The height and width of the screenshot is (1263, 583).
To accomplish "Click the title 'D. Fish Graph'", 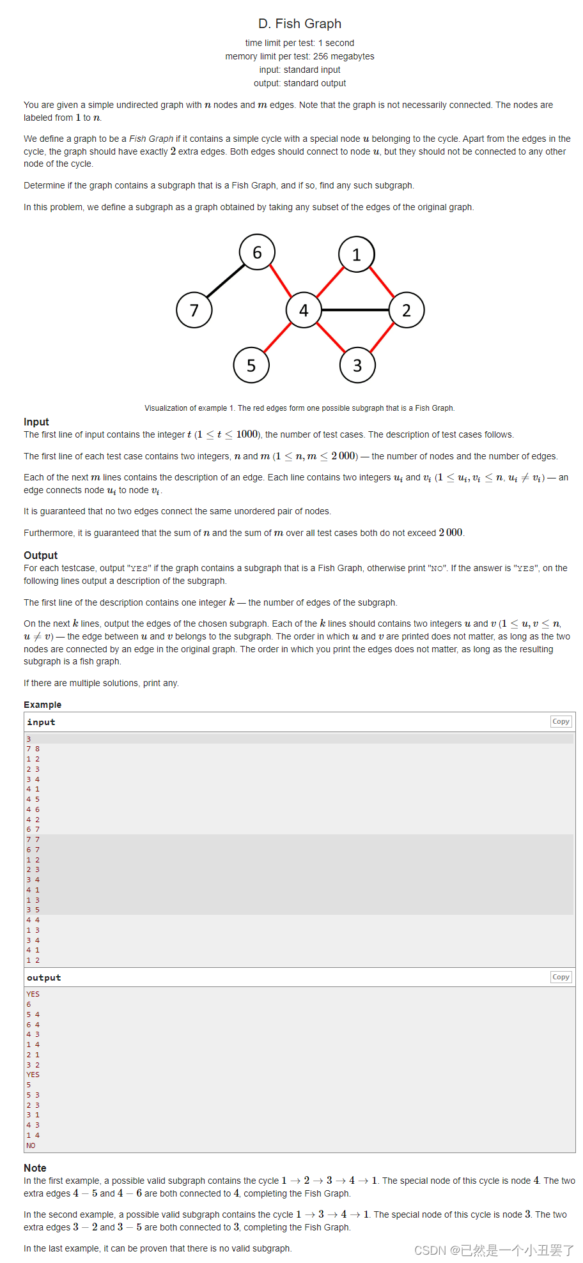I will pos(299,24).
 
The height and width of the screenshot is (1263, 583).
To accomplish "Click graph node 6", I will pos(257,252).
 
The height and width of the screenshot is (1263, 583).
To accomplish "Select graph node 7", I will pos(194,310).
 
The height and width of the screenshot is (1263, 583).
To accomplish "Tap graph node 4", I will pos(304,310).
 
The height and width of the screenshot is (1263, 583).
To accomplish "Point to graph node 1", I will pos(357,254).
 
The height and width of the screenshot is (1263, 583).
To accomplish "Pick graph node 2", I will pos(407,310).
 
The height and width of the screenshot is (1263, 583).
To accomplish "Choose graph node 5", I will pos(251,365).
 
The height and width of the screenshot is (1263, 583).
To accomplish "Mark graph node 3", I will pos(357,365).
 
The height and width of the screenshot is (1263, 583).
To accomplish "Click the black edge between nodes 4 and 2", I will pos(355,310).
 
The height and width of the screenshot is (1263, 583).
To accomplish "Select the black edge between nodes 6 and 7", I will pos(226,281).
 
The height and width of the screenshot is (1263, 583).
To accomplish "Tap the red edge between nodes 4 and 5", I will pos(277,337).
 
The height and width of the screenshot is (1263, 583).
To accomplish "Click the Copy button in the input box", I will pos(561,721).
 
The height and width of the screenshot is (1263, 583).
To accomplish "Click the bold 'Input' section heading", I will pos(36,422).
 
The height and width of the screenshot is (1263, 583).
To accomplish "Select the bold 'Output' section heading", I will pos(40,555).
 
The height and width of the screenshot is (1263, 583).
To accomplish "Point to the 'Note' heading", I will pos(35,1168).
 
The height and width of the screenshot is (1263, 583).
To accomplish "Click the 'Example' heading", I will pos(43,705).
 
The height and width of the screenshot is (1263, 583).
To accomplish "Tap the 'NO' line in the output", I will pos(31,1145).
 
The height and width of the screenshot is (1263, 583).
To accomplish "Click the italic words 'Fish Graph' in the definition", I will pos(152,139).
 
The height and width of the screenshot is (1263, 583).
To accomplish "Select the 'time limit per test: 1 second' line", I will pos(299,43).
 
